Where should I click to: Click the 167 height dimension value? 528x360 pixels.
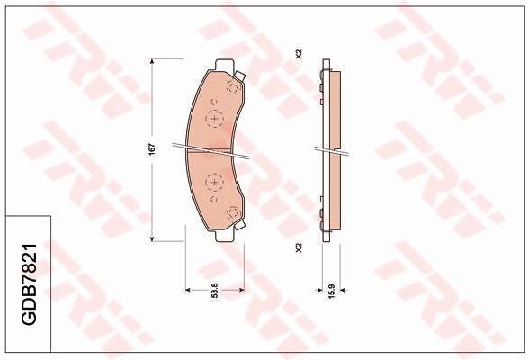click(x=154, y=148)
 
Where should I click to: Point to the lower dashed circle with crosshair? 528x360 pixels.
click(x=215, y=181)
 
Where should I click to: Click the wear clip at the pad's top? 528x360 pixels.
click(x=232, y=87)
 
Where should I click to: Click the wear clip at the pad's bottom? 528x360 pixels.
click(x=234, y=213)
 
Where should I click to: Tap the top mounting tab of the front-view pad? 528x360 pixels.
click(x=223, y=64)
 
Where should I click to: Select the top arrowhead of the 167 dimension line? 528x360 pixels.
click(x=154, y=61)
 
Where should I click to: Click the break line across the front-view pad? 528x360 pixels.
click(x=216, y=150)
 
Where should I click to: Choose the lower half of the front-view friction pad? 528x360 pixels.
click(x=216, y=193)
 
